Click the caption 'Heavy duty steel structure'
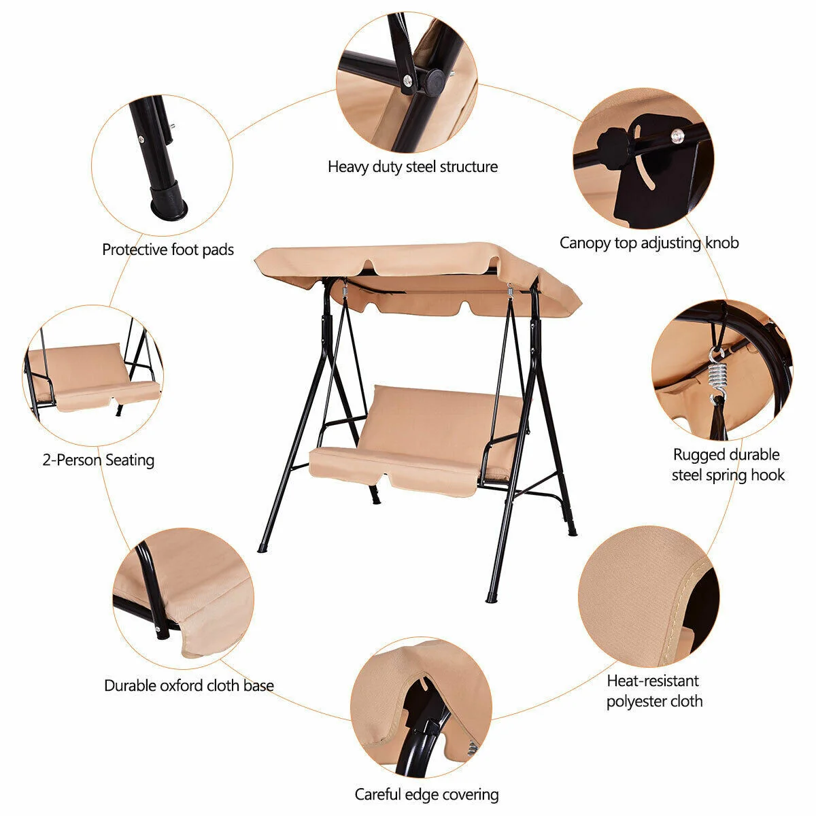pos(413,167)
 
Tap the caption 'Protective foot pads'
pos(168,250)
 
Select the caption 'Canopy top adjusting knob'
pos(649,243)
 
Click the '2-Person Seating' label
pos(99,460)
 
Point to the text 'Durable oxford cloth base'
pos(188,685)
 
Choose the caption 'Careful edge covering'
pos(426,794)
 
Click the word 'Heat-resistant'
pos(653,681)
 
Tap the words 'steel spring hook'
pos(728,475)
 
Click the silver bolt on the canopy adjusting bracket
pos(676,136)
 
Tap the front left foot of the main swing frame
pos(262,549)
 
